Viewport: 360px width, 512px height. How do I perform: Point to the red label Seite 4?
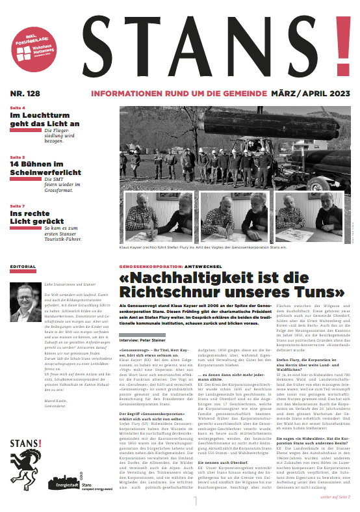tap(18, 107)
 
